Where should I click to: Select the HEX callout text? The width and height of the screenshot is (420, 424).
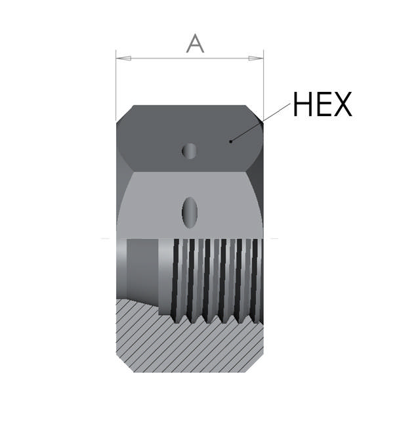pyautogui.click(x=322, y=104)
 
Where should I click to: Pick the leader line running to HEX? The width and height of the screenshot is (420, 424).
pyautogui.click(x=262, y=121)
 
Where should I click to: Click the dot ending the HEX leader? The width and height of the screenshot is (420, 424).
pyautogui.click(x=231, y=140)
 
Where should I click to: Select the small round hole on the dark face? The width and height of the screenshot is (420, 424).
pyautogui.click(x=190, y=150)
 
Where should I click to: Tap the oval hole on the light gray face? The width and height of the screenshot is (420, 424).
pyautogui.click(x=190, y=211)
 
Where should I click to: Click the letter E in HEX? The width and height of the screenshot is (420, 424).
pyautogui.click(x=322, y=104)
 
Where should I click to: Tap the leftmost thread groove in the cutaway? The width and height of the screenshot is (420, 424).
pyautogui.click(x=176, y=279)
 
